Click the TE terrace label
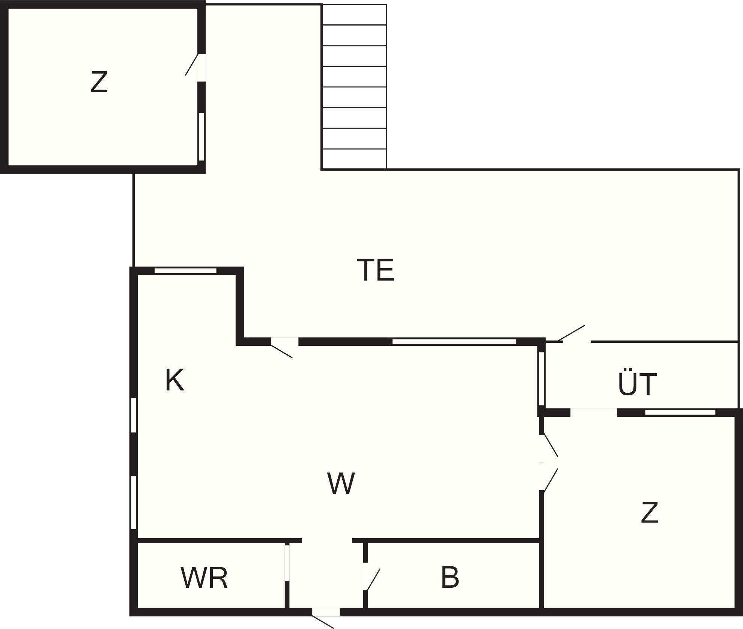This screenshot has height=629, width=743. click(375, 270)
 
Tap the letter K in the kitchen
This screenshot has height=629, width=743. click(175, 380)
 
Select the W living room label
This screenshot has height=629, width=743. click(341, 483)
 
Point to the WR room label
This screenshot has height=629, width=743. click(205, 578)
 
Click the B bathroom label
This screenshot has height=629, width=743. click(450, 578)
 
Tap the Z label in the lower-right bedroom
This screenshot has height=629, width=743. click(650, 513)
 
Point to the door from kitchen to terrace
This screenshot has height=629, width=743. click(282, 347)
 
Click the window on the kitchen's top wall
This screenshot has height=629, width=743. click(185, 270)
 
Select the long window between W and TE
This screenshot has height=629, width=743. click(454, 341)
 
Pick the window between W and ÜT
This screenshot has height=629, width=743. click(541, 378)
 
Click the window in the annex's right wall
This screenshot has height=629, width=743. click(202, 137)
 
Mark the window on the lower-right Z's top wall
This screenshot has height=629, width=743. click(680, 413)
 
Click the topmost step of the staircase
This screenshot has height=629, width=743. click(354, 15)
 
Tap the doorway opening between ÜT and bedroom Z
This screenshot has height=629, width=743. click(594, 412)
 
